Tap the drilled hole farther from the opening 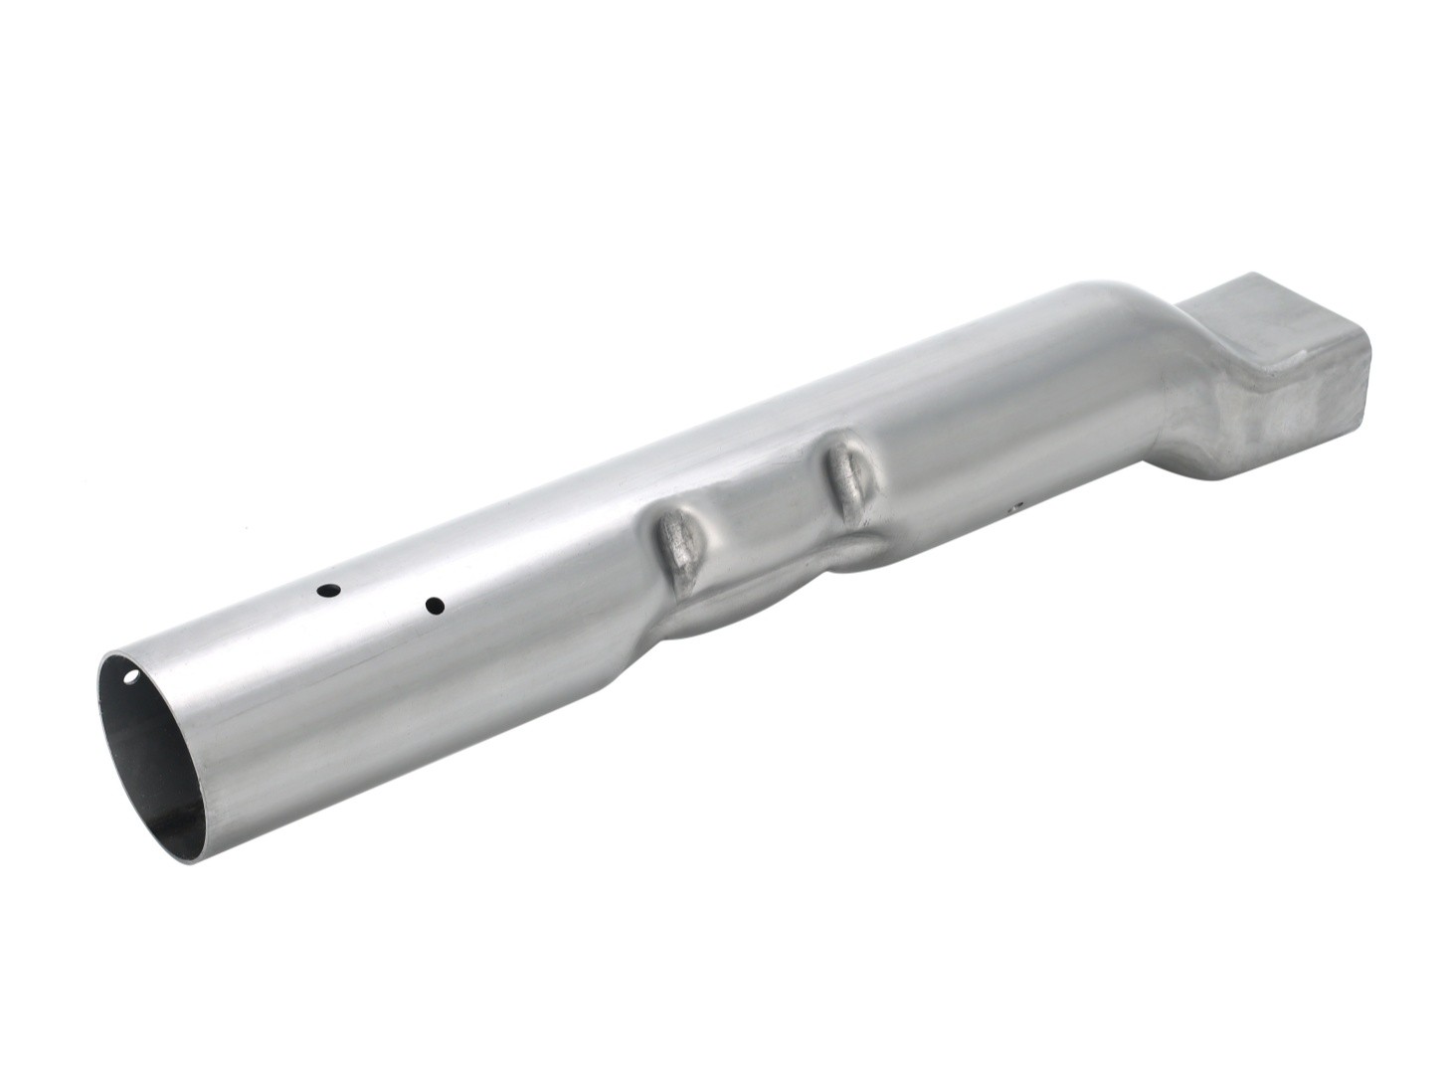point(434,604)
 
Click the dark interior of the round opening point(149,756)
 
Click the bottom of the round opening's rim point(199,855)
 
